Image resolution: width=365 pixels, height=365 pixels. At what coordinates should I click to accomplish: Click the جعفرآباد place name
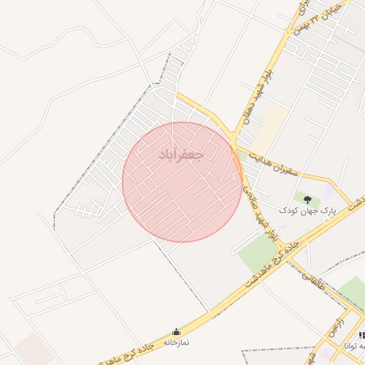pos(181,154)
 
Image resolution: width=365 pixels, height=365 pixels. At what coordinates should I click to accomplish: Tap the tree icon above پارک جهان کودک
pos(307,200)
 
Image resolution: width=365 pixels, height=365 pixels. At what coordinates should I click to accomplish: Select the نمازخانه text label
pos(176,343)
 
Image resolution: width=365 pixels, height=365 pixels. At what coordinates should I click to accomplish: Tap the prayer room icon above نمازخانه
pos(176,332)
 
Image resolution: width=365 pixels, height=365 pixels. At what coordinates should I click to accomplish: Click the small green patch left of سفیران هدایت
pos(242,154)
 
